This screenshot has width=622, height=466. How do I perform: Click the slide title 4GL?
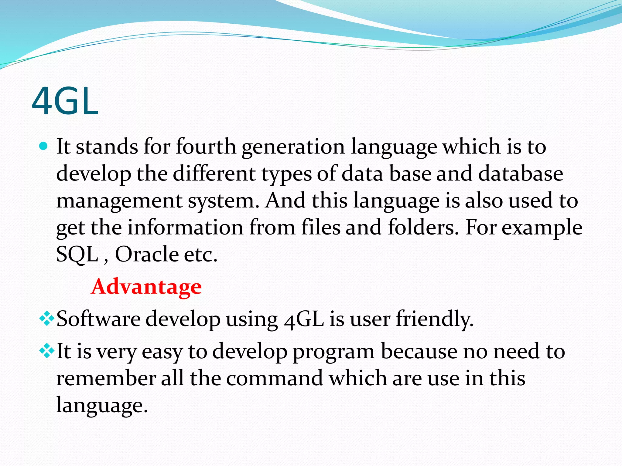click(65, 101)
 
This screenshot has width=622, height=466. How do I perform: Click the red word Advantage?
click(146, 287)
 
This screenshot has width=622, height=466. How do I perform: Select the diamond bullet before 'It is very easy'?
click(47, 351)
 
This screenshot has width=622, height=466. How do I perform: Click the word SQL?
click(77, 254)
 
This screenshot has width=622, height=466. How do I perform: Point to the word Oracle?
click(147, 254)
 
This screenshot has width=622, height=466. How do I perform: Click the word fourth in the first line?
click(206, 147)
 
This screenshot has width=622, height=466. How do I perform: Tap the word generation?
click(293, 147)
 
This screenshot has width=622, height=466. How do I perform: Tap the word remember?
click(106, 378)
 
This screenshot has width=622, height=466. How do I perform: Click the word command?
click(275, 378)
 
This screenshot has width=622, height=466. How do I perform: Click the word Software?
click(98, 319)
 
